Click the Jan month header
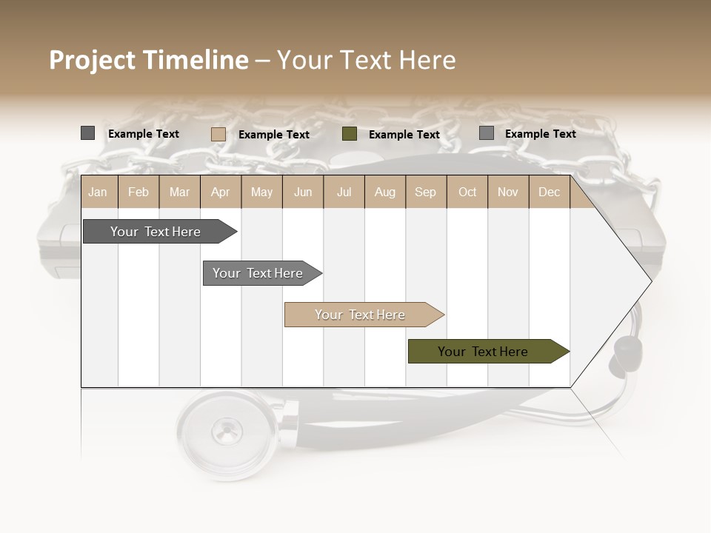coord(98,192)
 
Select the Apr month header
coord(220,192)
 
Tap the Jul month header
coord(344,192)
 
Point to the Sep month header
coord(425,192)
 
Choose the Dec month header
coord(549,192)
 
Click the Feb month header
coord(138,192)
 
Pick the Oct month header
coord(467,192)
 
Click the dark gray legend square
coord(87,133)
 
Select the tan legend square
coord(218,134)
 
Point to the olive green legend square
coord(350,134)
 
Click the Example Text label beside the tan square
coord(274,135)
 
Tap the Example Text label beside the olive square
coord(404,135)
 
